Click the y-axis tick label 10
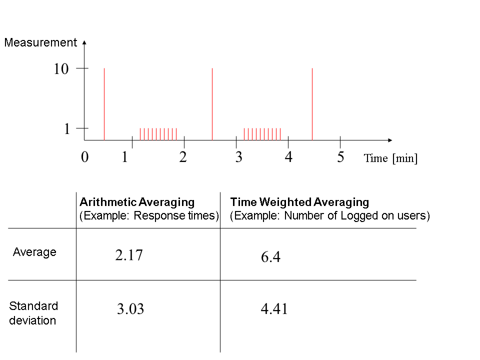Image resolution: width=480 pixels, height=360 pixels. [x=61, y=69]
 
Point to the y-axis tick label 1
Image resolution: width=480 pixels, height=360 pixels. [x=66, y=129]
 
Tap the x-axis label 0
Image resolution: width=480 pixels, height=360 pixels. [x=85, y=157]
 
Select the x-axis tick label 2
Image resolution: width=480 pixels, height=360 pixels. [x=183, y=157]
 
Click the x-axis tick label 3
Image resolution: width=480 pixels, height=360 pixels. [x=239, y=157]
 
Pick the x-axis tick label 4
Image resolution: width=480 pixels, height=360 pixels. [x=288, y=157]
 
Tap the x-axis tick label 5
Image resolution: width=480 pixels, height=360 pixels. [x=340, y=157]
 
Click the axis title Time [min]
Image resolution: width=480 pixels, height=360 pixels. [x=390, y=158]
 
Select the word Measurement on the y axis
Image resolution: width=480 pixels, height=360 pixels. [x=40, y=42]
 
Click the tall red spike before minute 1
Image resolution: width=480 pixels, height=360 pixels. [x=104, y=104]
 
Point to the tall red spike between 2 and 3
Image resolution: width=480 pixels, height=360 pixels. [x=212, y=104]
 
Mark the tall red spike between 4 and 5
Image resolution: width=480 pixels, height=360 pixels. [x=312, y=104]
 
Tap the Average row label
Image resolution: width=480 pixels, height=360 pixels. [x=34, y=252]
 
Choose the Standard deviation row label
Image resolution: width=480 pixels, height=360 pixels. [x=33, y=313]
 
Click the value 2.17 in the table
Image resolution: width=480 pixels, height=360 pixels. [x=129, y=255]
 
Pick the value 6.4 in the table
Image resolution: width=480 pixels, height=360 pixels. [x=270, y=256]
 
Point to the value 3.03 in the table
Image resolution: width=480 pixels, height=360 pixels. [x=130, y=309]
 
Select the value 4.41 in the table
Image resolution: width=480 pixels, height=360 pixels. [x=274, y=308]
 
